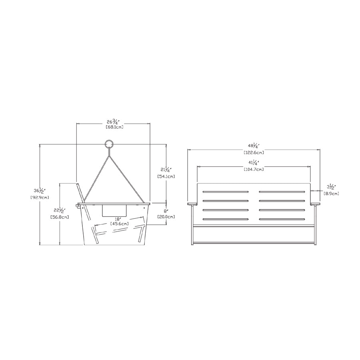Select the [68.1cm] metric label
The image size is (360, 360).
pyautogui.click(x=114, y=127)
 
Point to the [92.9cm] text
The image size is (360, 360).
pyautogui.click(x=40, y=197)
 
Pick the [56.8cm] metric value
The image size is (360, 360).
pyautogui.click(x=60, y=217)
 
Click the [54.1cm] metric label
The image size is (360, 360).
pyautogui.click(x=166, y=176)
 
